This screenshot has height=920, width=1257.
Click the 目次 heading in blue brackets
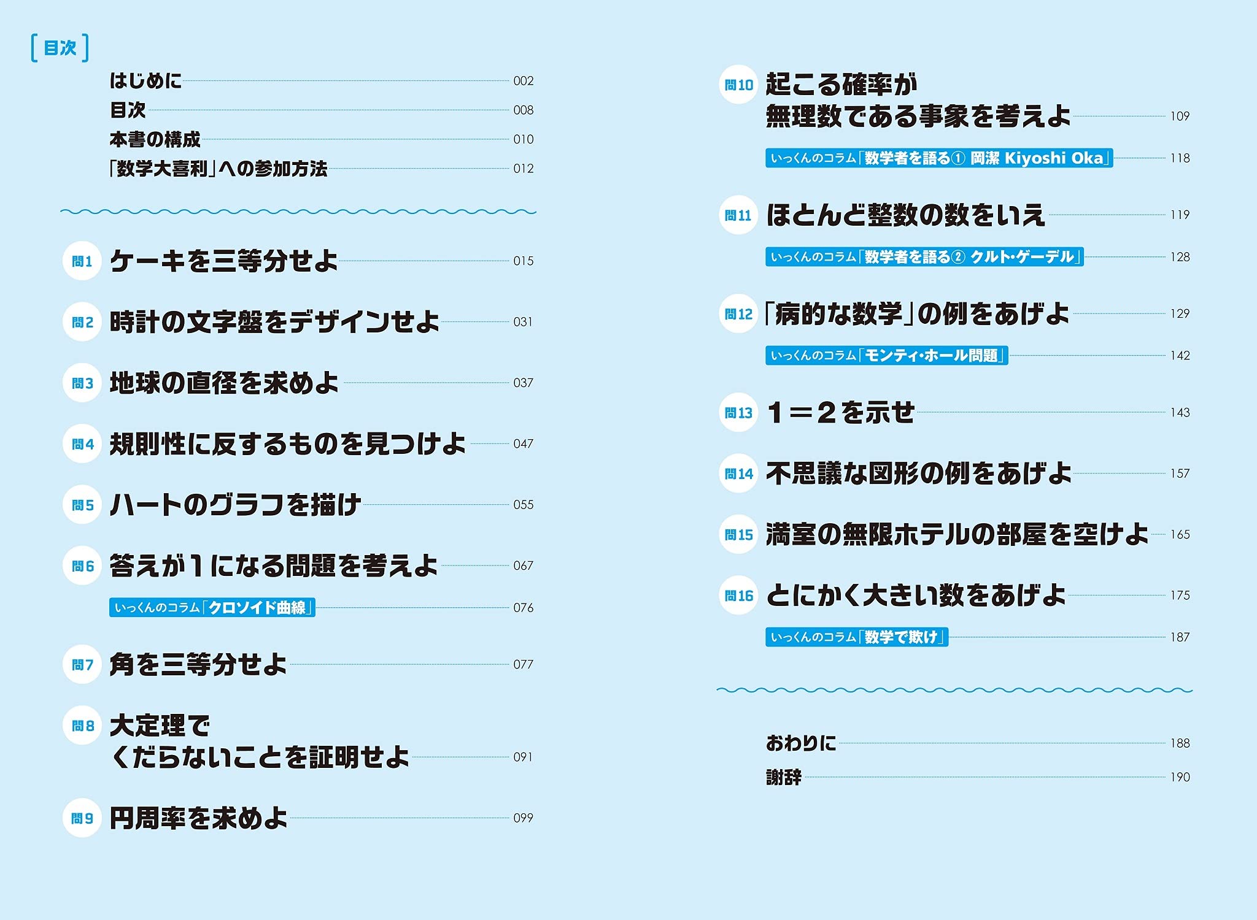tap(60, 48)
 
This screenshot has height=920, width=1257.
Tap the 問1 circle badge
tap(82, 261)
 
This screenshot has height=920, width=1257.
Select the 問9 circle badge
tap(82, 818)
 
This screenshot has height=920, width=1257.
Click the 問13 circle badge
tap(738, 413)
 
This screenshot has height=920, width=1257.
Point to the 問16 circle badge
tap(738, 596)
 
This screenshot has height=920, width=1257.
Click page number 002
tap(524, 81)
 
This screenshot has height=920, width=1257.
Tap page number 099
tap(524, 818)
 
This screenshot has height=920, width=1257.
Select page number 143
tap(1180, 413)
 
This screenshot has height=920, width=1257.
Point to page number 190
tap(1180, 777)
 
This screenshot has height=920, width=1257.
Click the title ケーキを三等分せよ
tap(224, 261)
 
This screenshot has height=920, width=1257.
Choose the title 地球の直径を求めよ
tap(224, 383)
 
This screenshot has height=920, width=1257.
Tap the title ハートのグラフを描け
tap(235, 505)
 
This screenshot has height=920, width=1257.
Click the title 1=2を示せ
tap(841, 413)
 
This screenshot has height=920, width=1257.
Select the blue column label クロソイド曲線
tap(212, 608)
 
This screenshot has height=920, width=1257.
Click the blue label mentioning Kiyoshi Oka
tap(939, 158)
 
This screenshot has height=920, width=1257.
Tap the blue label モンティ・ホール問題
tap(886, 356)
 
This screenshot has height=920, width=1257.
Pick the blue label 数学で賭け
tap(857, 637)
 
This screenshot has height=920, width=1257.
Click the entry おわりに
tap(801, 743)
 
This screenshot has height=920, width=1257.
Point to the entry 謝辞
tap(784, 777)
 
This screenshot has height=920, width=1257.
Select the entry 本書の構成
tap(155, 140)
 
